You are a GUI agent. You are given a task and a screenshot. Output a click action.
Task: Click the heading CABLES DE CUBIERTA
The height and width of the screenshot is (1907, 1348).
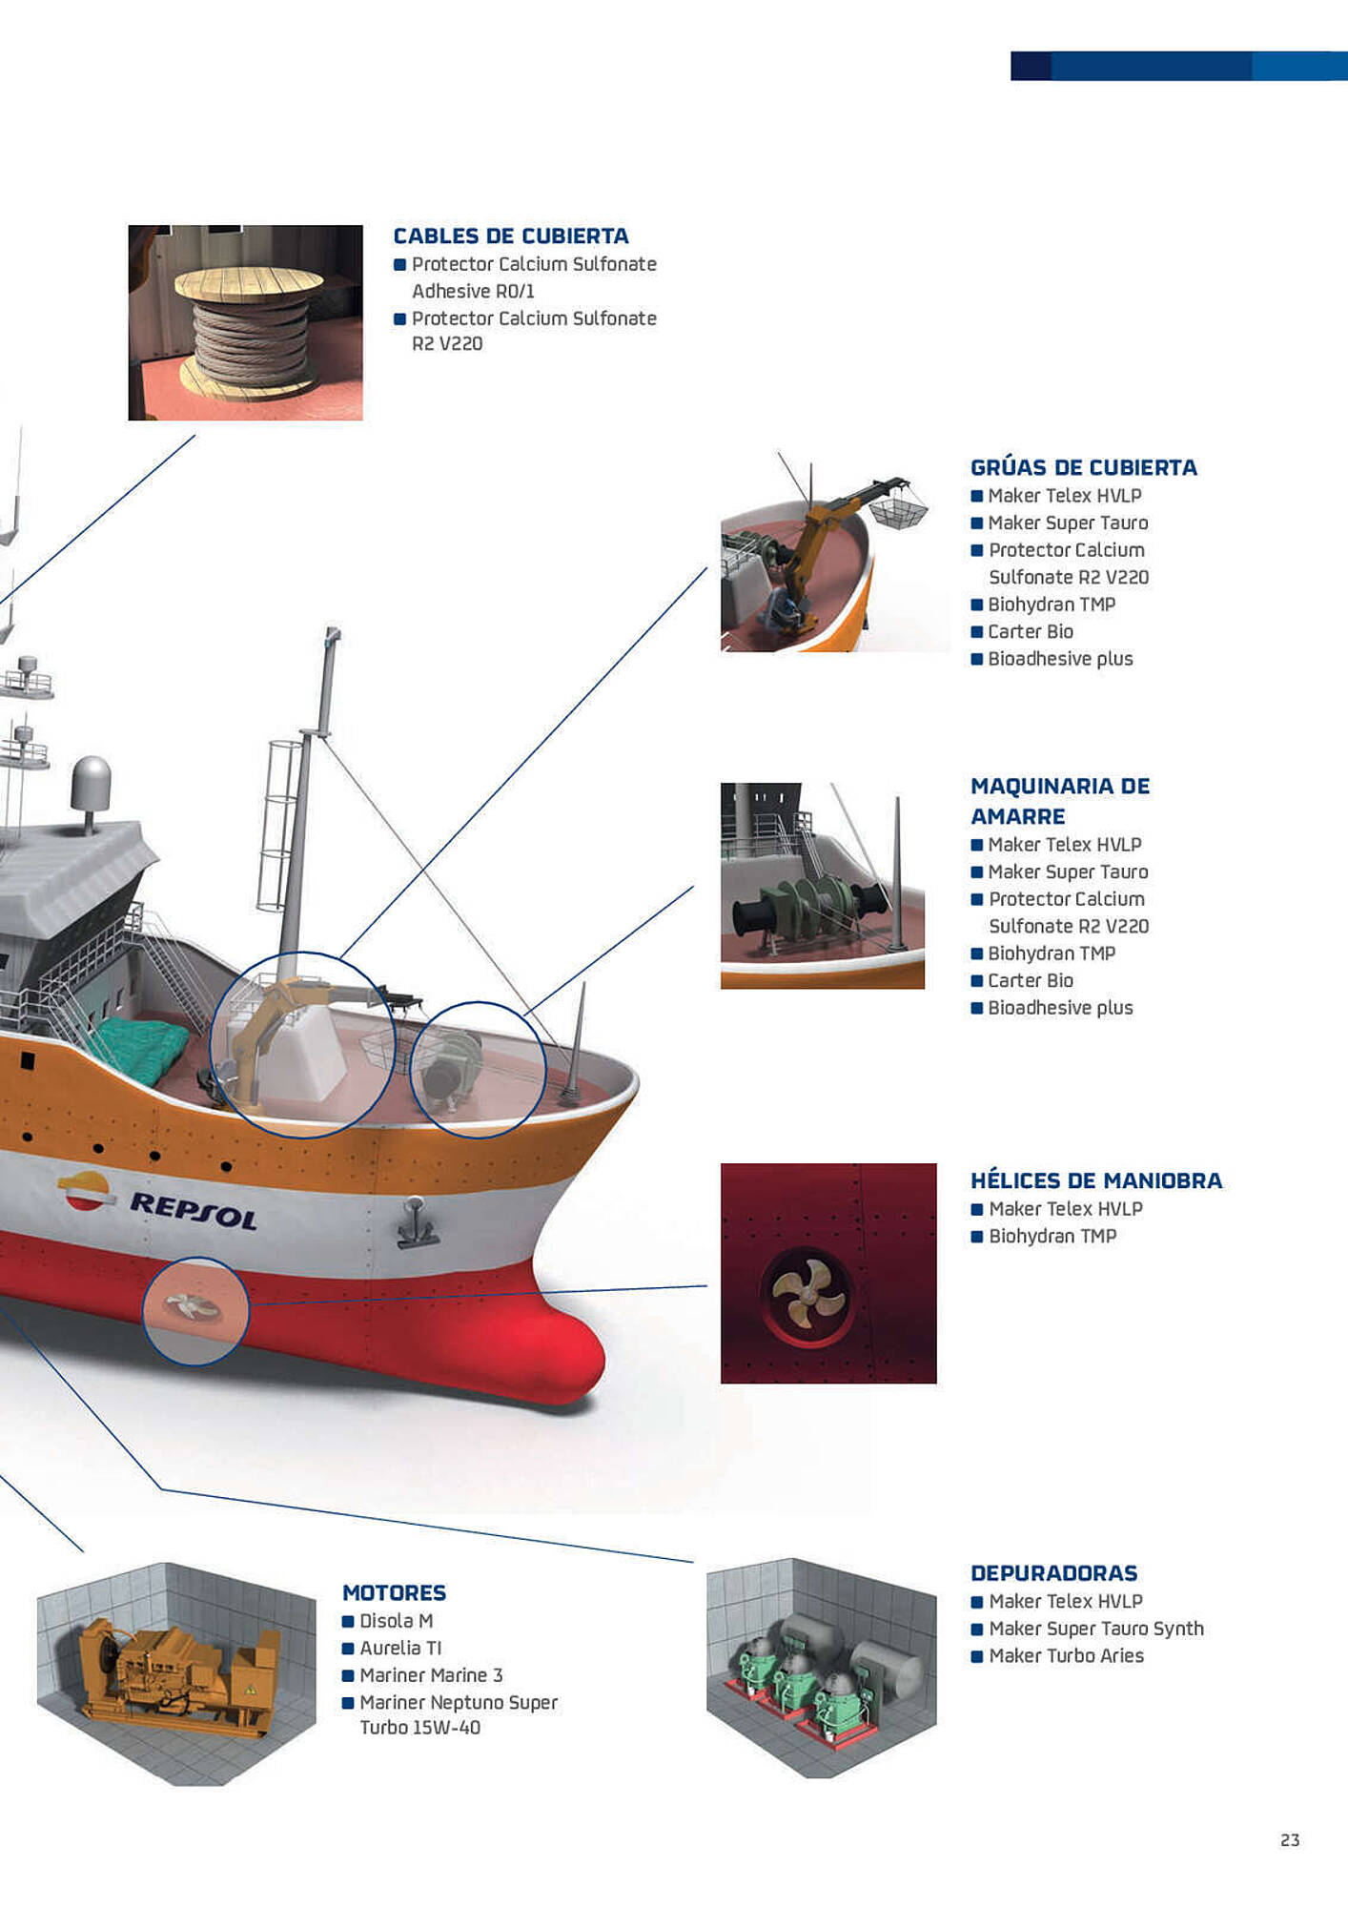(511, 236)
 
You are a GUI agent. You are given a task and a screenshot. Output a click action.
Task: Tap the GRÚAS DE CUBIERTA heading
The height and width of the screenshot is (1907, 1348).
(1083, 467)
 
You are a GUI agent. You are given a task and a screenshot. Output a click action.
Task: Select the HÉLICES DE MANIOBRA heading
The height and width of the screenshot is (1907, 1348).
(1096, 1180)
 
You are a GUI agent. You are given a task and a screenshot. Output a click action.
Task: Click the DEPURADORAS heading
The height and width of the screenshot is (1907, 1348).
(1054, 1573)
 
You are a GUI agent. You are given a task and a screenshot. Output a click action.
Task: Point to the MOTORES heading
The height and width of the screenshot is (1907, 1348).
(394, 1592)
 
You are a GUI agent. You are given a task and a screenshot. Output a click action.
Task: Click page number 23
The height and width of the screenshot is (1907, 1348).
(1290, 1840)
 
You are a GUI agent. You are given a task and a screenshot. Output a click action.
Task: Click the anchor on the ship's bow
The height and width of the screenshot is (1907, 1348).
(417, 1222)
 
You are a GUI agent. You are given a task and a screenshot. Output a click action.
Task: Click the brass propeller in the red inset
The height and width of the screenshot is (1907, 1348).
(807, 1295)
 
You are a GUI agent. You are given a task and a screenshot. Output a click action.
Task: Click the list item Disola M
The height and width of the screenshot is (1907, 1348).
(396, 1621)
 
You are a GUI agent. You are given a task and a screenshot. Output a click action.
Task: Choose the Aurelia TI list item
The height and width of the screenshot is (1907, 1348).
(400, 1648)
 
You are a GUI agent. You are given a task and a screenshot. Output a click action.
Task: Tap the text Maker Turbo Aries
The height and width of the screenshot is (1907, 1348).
(1066, 1655)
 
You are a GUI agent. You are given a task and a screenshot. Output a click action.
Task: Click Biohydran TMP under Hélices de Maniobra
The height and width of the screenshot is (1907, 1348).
(1052, 1236)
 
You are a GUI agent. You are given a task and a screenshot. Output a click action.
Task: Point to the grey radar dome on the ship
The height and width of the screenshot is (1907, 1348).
(91, 784)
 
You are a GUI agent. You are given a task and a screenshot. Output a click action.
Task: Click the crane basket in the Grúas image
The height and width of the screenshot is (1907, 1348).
(897, 510)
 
